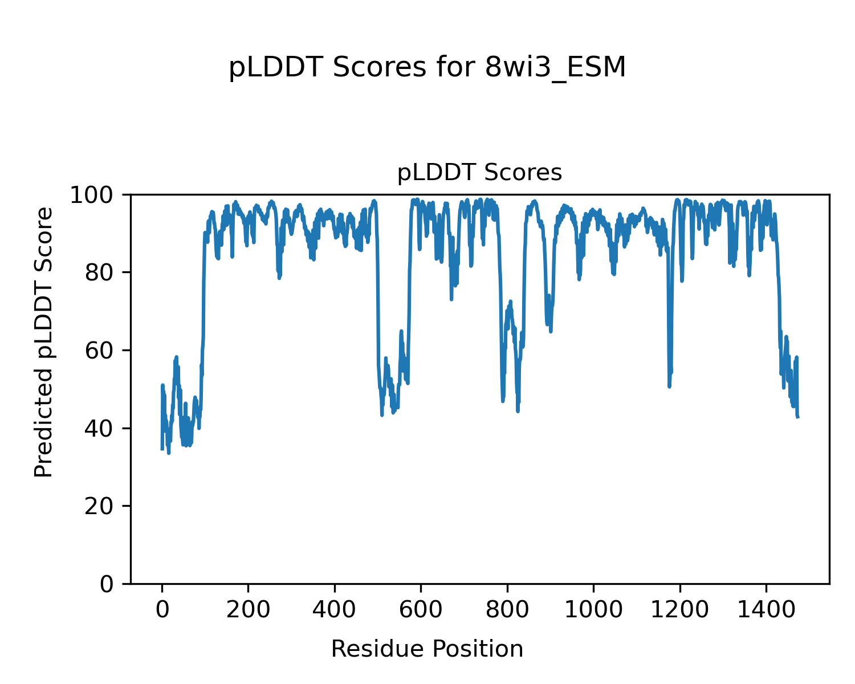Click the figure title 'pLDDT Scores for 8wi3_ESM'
pos(427,68)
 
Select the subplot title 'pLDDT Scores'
pos(479,173)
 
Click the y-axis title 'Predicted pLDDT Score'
pos(44,342)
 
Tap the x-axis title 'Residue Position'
pos(427,649)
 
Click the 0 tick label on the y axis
pos(107,584)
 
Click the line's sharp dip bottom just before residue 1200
pos(669,386)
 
